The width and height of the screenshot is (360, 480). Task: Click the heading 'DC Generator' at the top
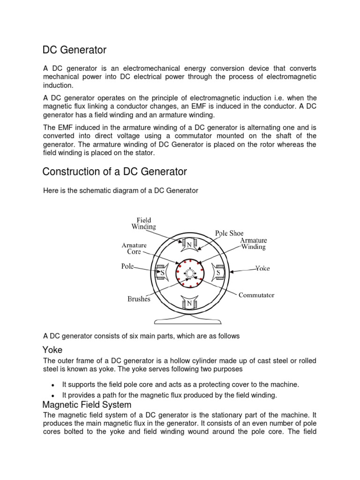coord(75,50)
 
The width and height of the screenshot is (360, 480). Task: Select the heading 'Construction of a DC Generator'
coord(114,172)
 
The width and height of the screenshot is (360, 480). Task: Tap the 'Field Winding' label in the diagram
coord(144,223)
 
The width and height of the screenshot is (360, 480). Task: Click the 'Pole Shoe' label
coord(229,233)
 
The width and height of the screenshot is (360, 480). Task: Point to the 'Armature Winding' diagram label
coord(253,243)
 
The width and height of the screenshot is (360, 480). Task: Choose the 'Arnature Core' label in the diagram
coord(134,248)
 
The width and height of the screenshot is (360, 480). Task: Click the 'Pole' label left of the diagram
coord(127,266)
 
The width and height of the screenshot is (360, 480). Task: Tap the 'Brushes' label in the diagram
coord(139,299)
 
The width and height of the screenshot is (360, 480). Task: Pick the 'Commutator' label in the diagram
coord(256,295)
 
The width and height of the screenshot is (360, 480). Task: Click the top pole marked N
coord(189,244)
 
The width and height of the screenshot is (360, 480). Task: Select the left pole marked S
coord(162,272)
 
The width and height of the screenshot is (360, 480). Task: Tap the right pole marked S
coord(218,272)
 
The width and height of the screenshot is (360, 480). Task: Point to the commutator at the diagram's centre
coord(190,273)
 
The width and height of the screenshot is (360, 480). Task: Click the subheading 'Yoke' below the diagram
coord(52,350)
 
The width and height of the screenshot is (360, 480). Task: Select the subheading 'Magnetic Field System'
coord(87,405)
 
